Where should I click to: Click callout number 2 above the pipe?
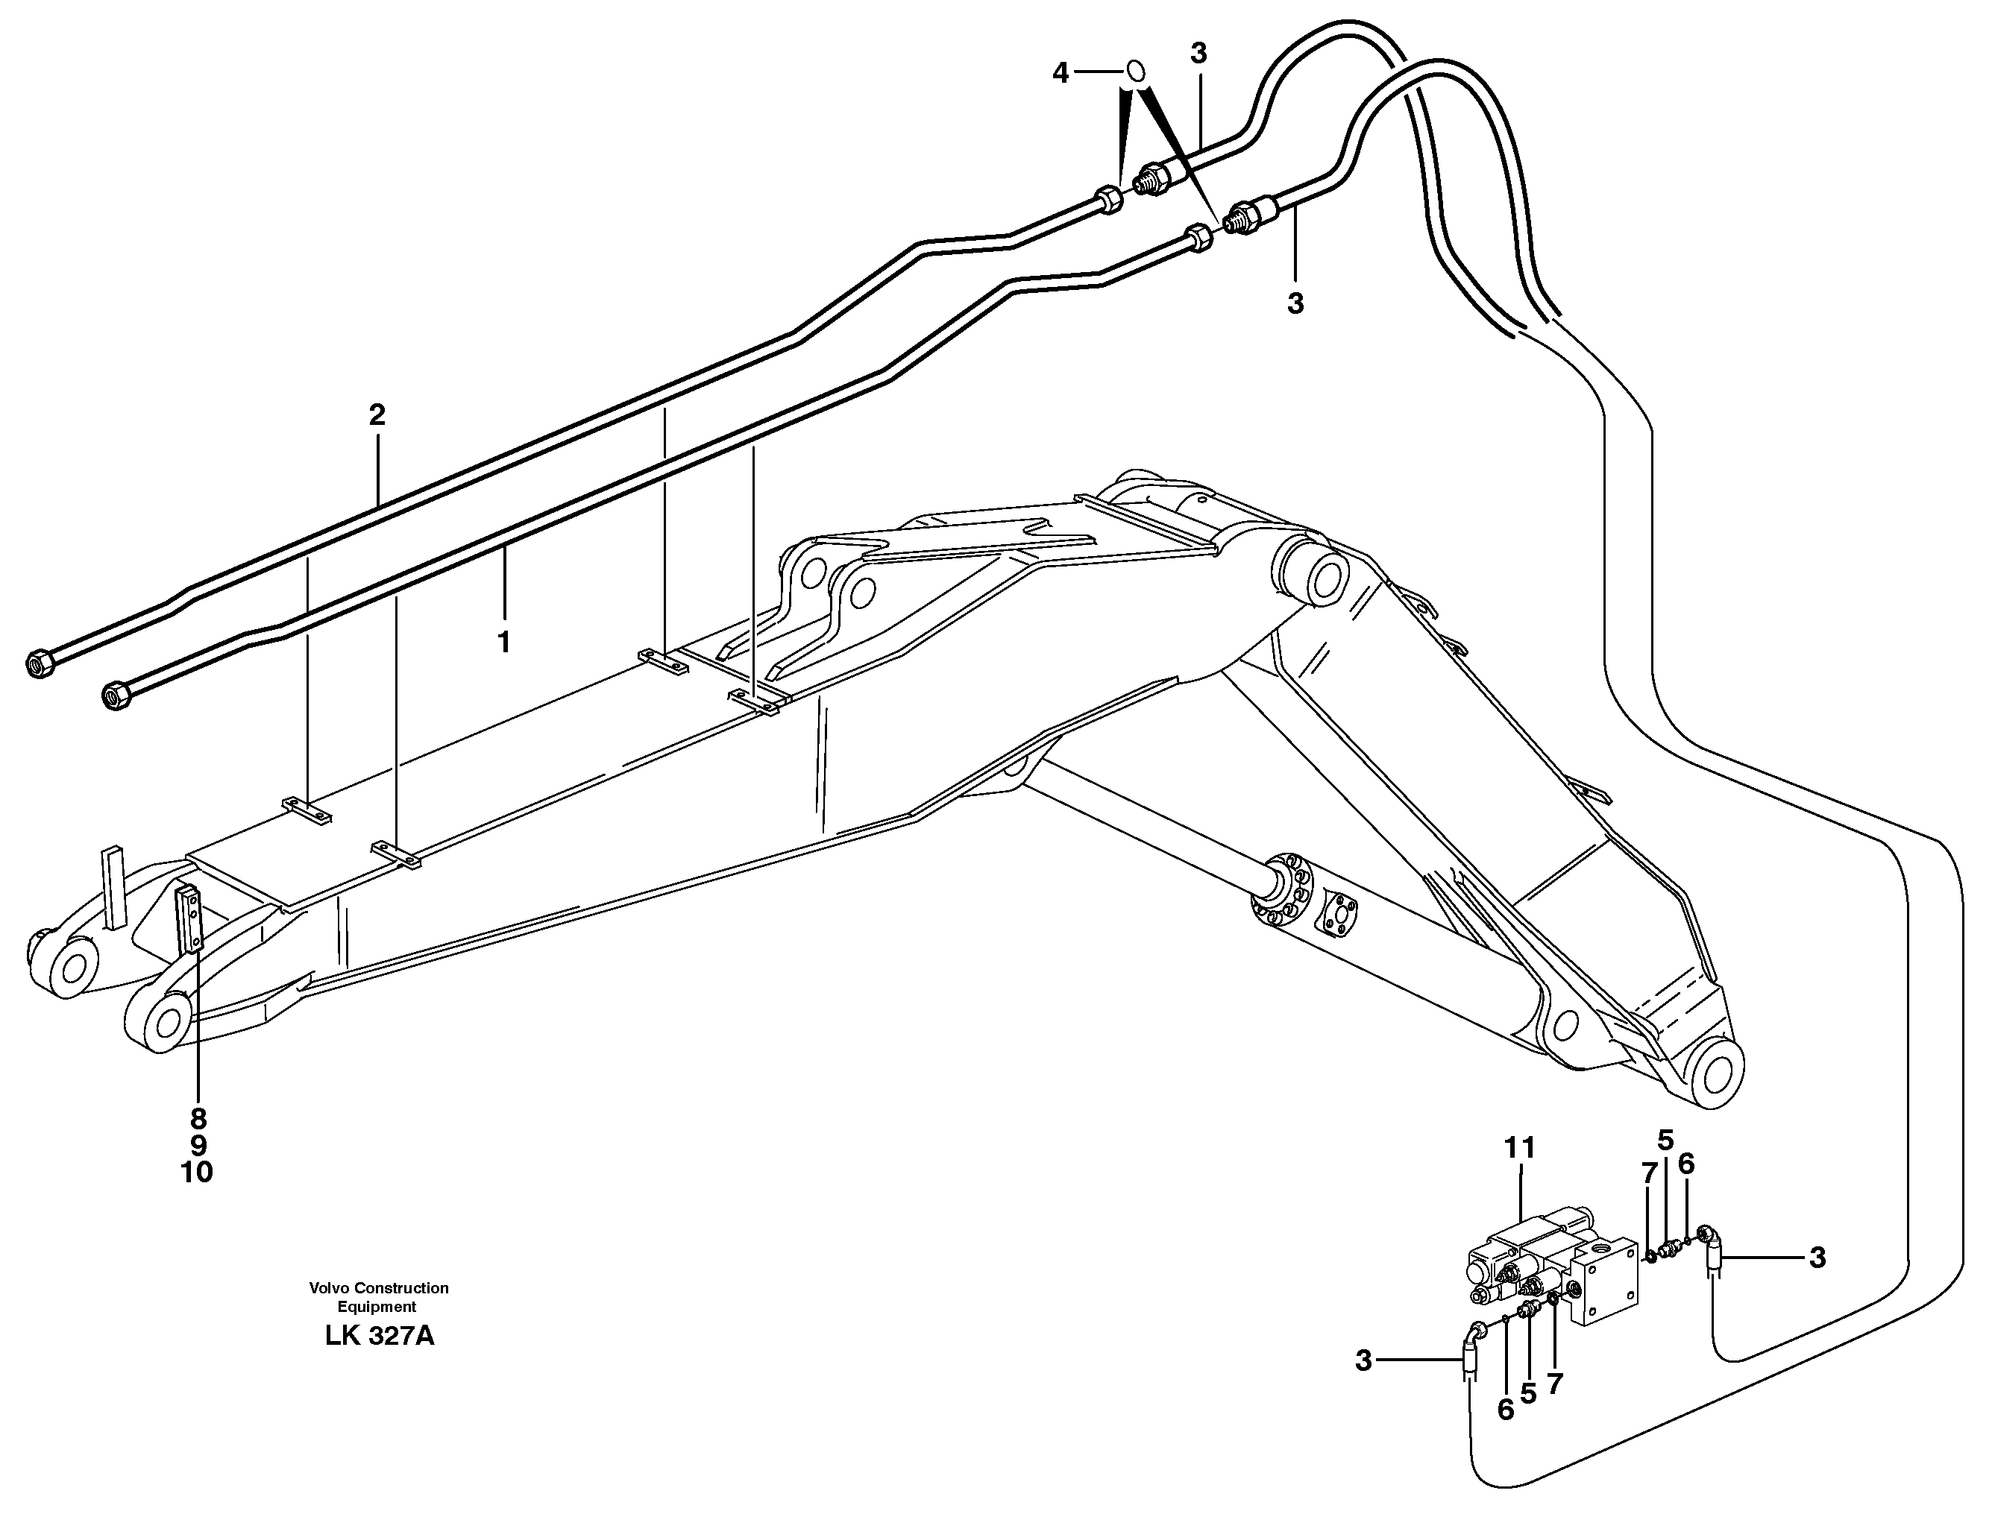click(x=377, y=415)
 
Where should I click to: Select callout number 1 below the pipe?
click(x=504, y=643)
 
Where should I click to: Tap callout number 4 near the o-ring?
click(x=1061, y=73)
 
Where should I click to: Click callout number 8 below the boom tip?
click(x=198, y=1118)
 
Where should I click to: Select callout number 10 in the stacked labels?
click(x=196, y=1173)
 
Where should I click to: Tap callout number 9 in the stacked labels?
click(x=198, y=1146)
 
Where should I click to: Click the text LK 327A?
click(x=380, y=1337)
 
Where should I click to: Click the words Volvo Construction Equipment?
click(x=379, y=1298)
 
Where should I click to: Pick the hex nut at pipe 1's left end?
click(x=117, y=695)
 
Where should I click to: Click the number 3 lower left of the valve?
click(x=1363, y=1360)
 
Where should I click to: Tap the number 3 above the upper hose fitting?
click(x=1198, y=54)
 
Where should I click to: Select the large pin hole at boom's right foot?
click(x=1717, y=1076)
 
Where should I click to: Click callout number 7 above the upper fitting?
click(x=1649, y=1173)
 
